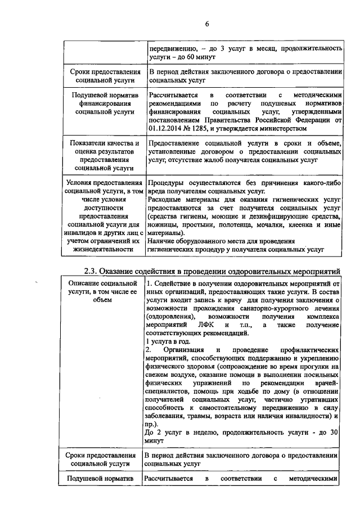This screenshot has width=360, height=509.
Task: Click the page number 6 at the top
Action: point(206,24)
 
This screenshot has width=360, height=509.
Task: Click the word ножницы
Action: point(162,224)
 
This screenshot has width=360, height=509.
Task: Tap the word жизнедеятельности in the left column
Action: point(101,249)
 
